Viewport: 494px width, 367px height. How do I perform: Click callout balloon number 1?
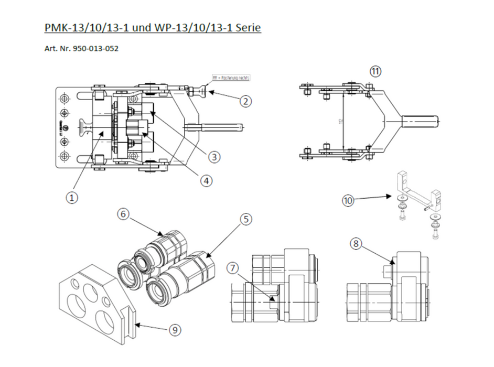(x=72, y=197)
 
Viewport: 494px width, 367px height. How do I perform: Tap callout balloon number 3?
(x=212, y=156)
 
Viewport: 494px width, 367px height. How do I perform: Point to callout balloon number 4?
(x=207, y=180)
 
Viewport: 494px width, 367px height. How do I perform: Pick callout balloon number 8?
(x=356, y=243)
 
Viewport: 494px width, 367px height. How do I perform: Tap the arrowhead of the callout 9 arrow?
(x=132, y=325)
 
